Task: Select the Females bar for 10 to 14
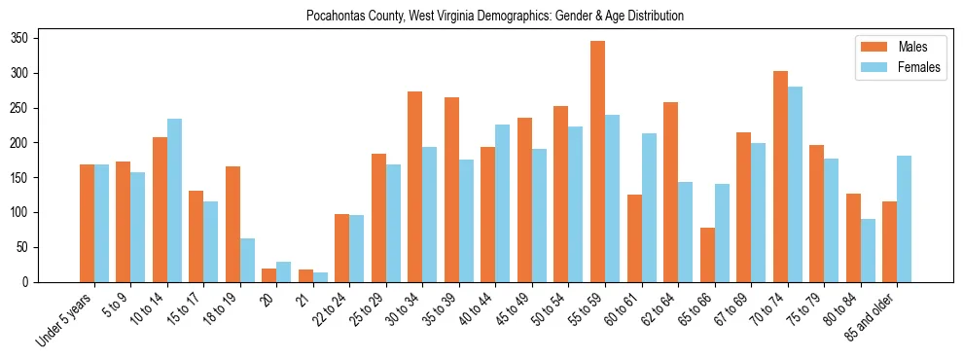tap(174, 200)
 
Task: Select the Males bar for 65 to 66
tap(707, 255)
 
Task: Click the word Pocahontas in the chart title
tap(335, 17)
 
